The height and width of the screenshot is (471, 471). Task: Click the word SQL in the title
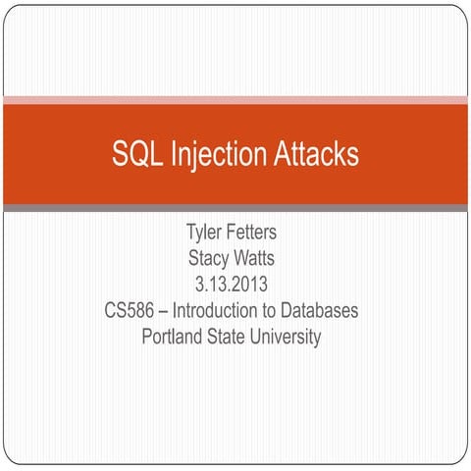tap(133, 154)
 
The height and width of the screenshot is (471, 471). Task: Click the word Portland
tap(173, 338)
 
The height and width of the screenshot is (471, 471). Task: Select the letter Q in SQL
tap(133, 154)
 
